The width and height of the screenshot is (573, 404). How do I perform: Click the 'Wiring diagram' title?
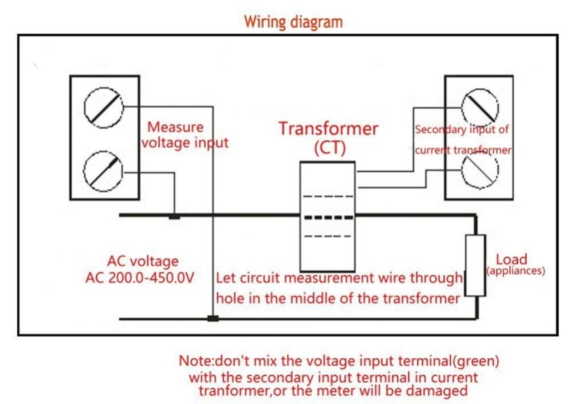click(293, 22)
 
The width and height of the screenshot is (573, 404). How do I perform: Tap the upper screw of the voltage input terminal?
click(102, 109)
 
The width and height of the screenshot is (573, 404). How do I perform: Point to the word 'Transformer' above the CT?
click(328, 128)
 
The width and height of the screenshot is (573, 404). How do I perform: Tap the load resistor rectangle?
click(474, 265)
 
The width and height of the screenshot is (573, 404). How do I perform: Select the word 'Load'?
click(511, 258)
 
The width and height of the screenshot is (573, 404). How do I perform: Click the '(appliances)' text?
click(515, 271)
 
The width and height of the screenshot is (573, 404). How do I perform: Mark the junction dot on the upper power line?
click(175, 216)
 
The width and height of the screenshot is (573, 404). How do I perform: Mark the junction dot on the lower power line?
click(213, 319)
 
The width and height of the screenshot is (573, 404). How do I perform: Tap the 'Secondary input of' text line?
click(461, 129)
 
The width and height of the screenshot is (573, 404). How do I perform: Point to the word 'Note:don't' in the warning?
click(209, 362)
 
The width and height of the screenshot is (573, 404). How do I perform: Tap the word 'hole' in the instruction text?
click(230, 298)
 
